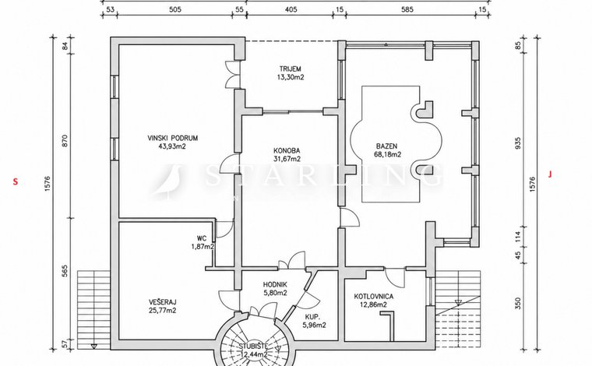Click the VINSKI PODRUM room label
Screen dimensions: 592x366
point(173,138)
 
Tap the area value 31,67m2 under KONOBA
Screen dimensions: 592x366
point(287,159)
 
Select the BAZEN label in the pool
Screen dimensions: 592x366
point(386,146)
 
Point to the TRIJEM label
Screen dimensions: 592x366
point(291,69)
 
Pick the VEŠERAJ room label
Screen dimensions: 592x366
point(162,302)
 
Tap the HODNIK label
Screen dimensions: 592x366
point(275,285)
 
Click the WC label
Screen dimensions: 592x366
point(202,238)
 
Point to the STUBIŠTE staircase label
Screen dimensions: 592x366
point(253,346)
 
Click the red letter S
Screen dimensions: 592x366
point(16,182)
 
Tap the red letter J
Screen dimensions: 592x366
point(550,174)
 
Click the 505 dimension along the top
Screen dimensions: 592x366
point(174,9)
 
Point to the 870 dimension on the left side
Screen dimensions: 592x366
point(65,141)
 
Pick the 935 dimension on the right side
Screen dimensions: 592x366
point(518,143)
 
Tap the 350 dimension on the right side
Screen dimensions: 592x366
point(518,304)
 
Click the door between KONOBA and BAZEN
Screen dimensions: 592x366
point(349,218)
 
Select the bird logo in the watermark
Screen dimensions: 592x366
point(169,181)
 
